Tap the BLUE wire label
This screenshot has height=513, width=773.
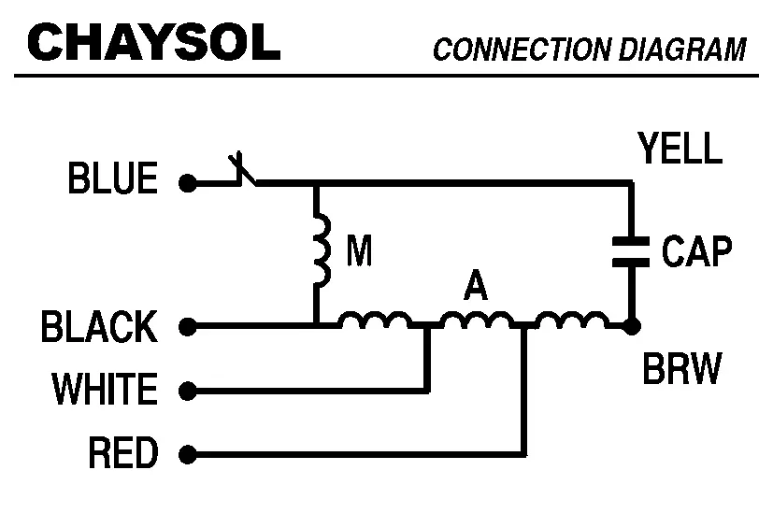[113, 178]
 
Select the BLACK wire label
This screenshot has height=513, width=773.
[100, 328]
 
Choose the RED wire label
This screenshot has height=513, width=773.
[123, 453]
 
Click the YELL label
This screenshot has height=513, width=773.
[680, 148]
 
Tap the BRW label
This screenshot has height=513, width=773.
[682, 370]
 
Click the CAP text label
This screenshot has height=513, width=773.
[696, 251]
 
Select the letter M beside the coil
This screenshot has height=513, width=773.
[359, 250]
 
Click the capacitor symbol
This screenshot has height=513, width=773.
[631, 251]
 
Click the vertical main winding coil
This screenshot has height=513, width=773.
[321, 251]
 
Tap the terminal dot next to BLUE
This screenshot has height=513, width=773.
[188, 184]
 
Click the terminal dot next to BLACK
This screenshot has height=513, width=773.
[188, 327]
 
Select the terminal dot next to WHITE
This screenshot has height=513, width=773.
[188, 390]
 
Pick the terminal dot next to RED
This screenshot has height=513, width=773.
[188, 456]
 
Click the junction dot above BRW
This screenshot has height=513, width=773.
[631, 327]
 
